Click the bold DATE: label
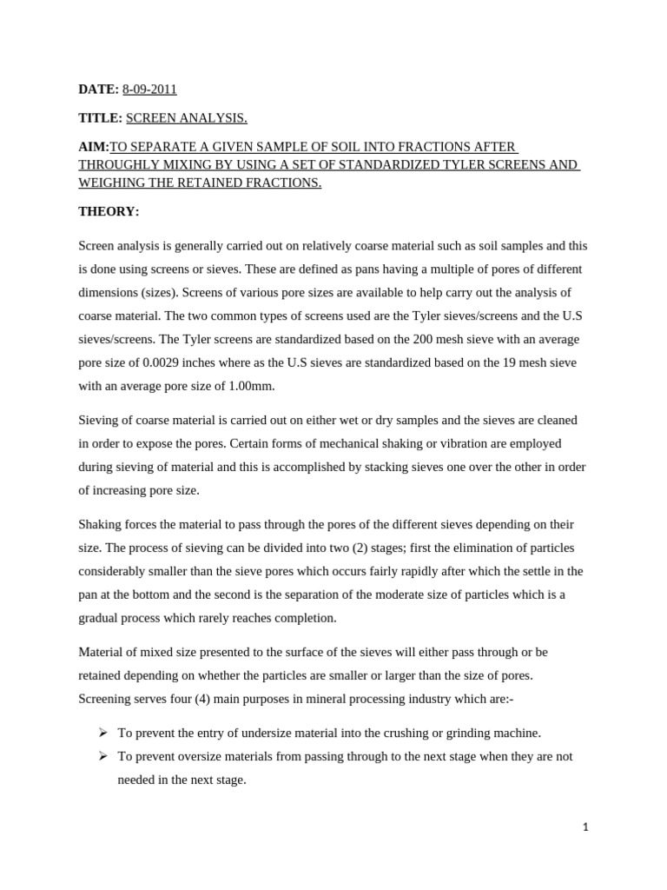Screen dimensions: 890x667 (98, 89)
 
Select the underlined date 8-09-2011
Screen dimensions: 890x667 (149, 89)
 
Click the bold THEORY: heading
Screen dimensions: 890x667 (109, 211)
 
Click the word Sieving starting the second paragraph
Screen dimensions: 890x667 (97, 420)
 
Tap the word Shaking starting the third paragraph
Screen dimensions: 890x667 (100, 525)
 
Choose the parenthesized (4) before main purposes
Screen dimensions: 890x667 (184, 699)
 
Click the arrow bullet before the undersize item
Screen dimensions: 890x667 (102, 733)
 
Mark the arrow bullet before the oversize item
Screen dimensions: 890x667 (102, 756)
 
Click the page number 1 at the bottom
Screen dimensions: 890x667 (585, 827)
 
